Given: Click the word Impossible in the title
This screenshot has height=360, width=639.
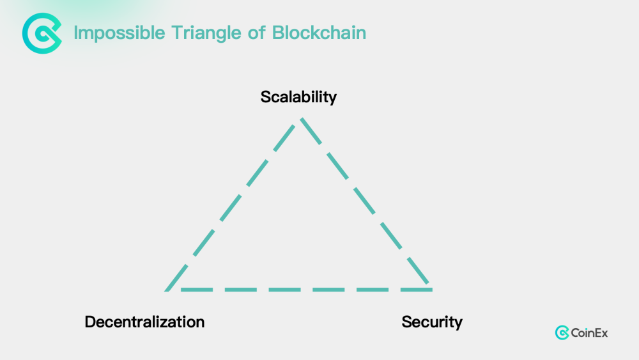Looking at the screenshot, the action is tap(119, 33).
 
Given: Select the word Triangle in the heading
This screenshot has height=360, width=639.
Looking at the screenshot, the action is tap(206, 33).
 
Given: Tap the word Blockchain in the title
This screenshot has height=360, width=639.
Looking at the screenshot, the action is tap(319, 33).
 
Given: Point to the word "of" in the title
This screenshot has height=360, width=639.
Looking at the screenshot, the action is tap(257, 33).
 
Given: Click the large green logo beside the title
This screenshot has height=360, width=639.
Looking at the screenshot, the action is tap(42, 33).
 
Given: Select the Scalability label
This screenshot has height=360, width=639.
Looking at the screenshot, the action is tap(298, 97).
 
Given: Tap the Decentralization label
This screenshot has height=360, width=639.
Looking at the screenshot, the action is tap(144, 322).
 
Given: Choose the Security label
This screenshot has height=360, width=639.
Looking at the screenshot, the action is tap(432, 322).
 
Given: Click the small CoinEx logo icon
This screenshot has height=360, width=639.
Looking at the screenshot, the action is tap(562, 333).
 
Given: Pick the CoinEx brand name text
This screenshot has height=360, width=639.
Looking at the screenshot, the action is tap(589, 333).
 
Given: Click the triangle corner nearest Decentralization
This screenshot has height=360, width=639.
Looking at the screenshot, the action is tap(167, 290).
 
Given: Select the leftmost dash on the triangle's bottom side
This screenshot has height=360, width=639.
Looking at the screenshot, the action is tap(197, 290).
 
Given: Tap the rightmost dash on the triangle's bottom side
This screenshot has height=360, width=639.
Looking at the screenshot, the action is tap(417, 290).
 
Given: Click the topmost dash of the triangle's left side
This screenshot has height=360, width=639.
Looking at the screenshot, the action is tap(284, 138).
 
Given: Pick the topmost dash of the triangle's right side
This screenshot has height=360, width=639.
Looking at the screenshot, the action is tap(311, 131).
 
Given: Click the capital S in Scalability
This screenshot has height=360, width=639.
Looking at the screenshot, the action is tap(266, 97).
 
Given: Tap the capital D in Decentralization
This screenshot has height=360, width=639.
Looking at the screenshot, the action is tap(91, 322).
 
